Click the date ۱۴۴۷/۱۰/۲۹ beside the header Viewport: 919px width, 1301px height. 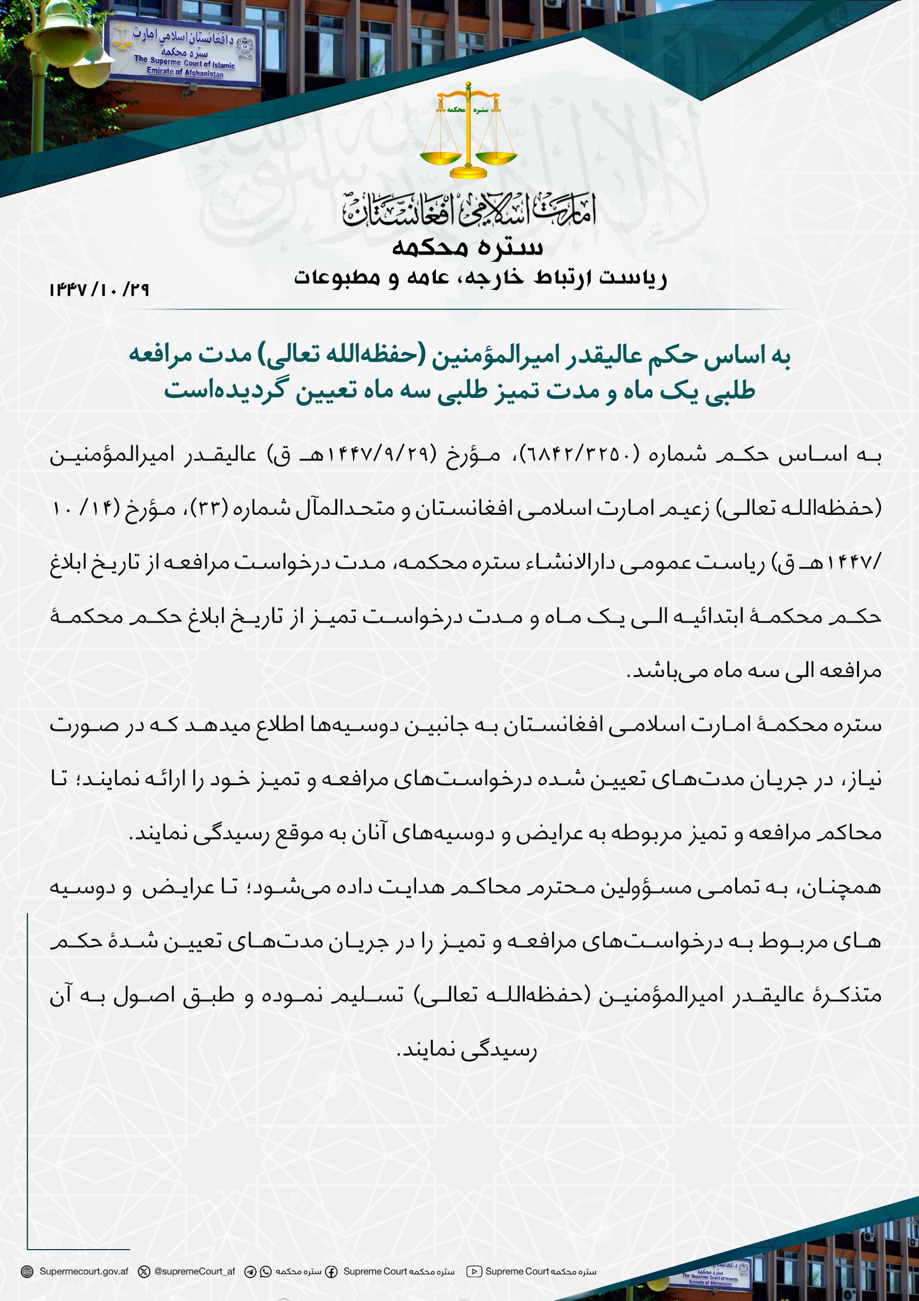click(99, 290)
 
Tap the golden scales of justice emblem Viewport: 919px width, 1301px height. click(468, 132)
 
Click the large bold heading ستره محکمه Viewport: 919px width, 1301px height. click(468, 247)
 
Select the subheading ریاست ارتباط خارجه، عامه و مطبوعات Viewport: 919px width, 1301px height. click(481, 277)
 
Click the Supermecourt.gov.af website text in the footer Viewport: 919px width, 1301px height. click(84, 1271)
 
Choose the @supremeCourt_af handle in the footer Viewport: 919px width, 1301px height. click(195, 1271)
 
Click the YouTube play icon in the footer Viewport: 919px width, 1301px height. click(473, 1272)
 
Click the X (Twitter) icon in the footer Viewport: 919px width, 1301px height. click(144, 1272)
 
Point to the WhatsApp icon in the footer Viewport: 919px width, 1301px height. click(266, 1272)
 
